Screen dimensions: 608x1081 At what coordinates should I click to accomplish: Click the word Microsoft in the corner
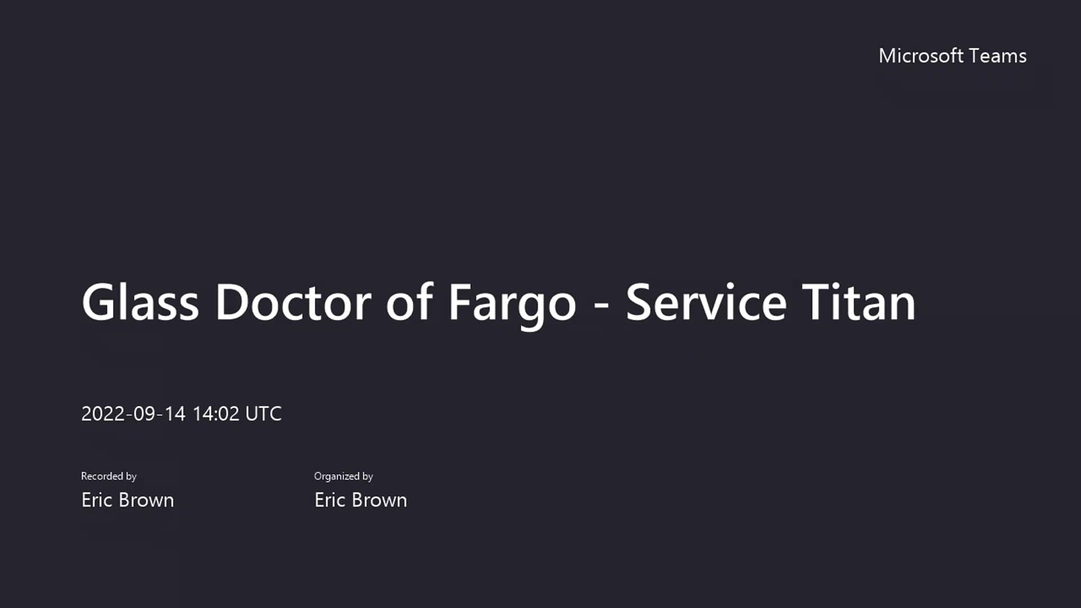(921, 56)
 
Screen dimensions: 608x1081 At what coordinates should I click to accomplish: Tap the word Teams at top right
(998, 56)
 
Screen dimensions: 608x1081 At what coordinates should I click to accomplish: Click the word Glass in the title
(140, 302)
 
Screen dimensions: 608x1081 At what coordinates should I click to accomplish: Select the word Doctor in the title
(293, 302)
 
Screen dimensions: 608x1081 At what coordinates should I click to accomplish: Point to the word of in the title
(409, 302)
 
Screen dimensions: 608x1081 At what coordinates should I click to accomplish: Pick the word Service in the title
(706, 302)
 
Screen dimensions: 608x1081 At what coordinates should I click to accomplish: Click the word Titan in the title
(859, 302)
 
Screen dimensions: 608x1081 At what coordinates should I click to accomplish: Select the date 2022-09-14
(133, 414)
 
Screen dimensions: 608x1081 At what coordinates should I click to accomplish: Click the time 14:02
(216, 414)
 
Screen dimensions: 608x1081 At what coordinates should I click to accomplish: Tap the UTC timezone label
(263, 414)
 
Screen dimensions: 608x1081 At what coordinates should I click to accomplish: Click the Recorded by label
(109, 476)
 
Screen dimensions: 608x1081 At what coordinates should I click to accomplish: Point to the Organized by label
(343, 476)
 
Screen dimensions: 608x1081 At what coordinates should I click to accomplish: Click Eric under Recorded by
(97, 500)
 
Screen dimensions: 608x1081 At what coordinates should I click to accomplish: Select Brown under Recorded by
(146, 500)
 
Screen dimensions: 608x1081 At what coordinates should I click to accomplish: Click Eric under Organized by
(330, 500)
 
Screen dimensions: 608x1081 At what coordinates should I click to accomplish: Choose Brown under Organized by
(379, 500)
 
